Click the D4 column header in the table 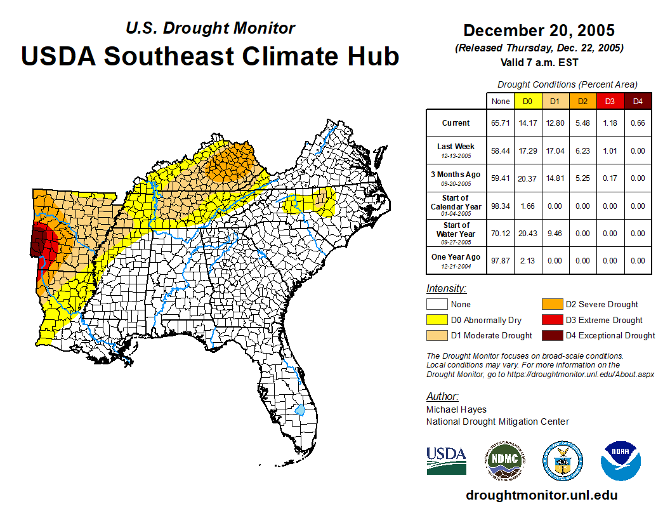pos(638,102)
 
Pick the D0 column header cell pos(527,102)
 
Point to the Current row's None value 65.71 pos(501,123)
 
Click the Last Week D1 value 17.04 pos(555,150)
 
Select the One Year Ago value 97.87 pos(501,260)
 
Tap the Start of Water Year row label pos(456,233)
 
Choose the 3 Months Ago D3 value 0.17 pos(610,178)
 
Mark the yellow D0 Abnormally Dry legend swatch pos(438,320)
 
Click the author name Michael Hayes pos(456,409)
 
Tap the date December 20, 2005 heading pos(539,30)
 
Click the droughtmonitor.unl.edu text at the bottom pos(541,495)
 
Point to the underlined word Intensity pos(446,289)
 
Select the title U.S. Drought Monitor pos(210,28)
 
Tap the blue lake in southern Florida pos(300,409)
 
